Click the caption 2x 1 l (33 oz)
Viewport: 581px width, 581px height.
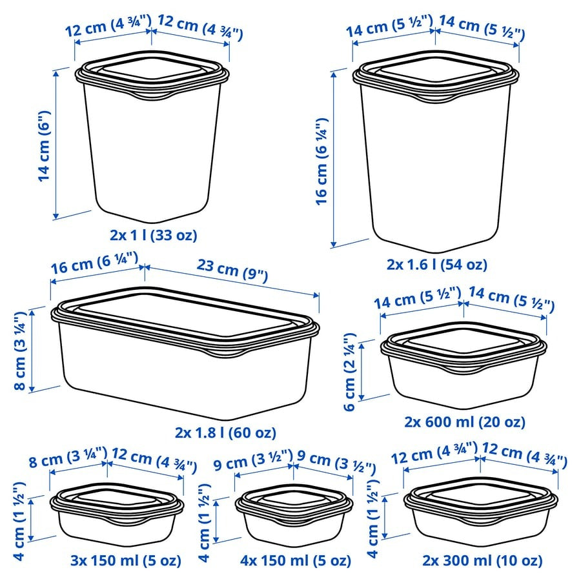point(153,235)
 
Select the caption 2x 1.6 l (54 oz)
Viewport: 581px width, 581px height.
point(436,264)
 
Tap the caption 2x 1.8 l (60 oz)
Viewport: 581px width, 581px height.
point(225,433)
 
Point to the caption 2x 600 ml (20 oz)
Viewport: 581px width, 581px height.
point(464,422)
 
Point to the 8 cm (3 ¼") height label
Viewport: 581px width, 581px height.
point(19,349)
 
